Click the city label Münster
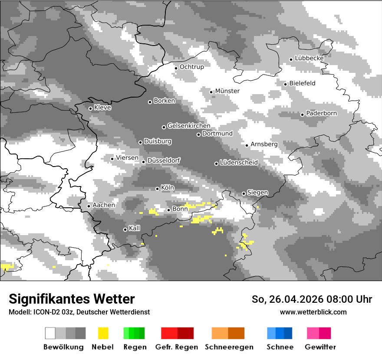(227, 91)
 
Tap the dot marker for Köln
(158, 189)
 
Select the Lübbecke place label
(309, 58)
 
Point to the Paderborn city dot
(303, 115)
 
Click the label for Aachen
(104, 205)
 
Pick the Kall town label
(135, 228)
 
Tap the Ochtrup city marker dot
(176, 68)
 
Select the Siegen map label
(257, 193)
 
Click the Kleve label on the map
(102, 108)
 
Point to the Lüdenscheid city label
(239, 163)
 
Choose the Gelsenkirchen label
(189, 126)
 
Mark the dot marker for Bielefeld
(286, 84)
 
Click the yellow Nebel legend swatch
(103, 333)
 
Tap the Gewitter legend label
(320, 347)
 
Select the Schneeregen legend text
(229, 347)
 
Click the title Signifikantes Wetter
(72, 299)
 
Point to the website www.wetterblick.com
(313, 312)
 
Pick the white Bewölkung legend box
(50, 333)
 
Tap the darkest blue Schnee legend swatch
(288, 333)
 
